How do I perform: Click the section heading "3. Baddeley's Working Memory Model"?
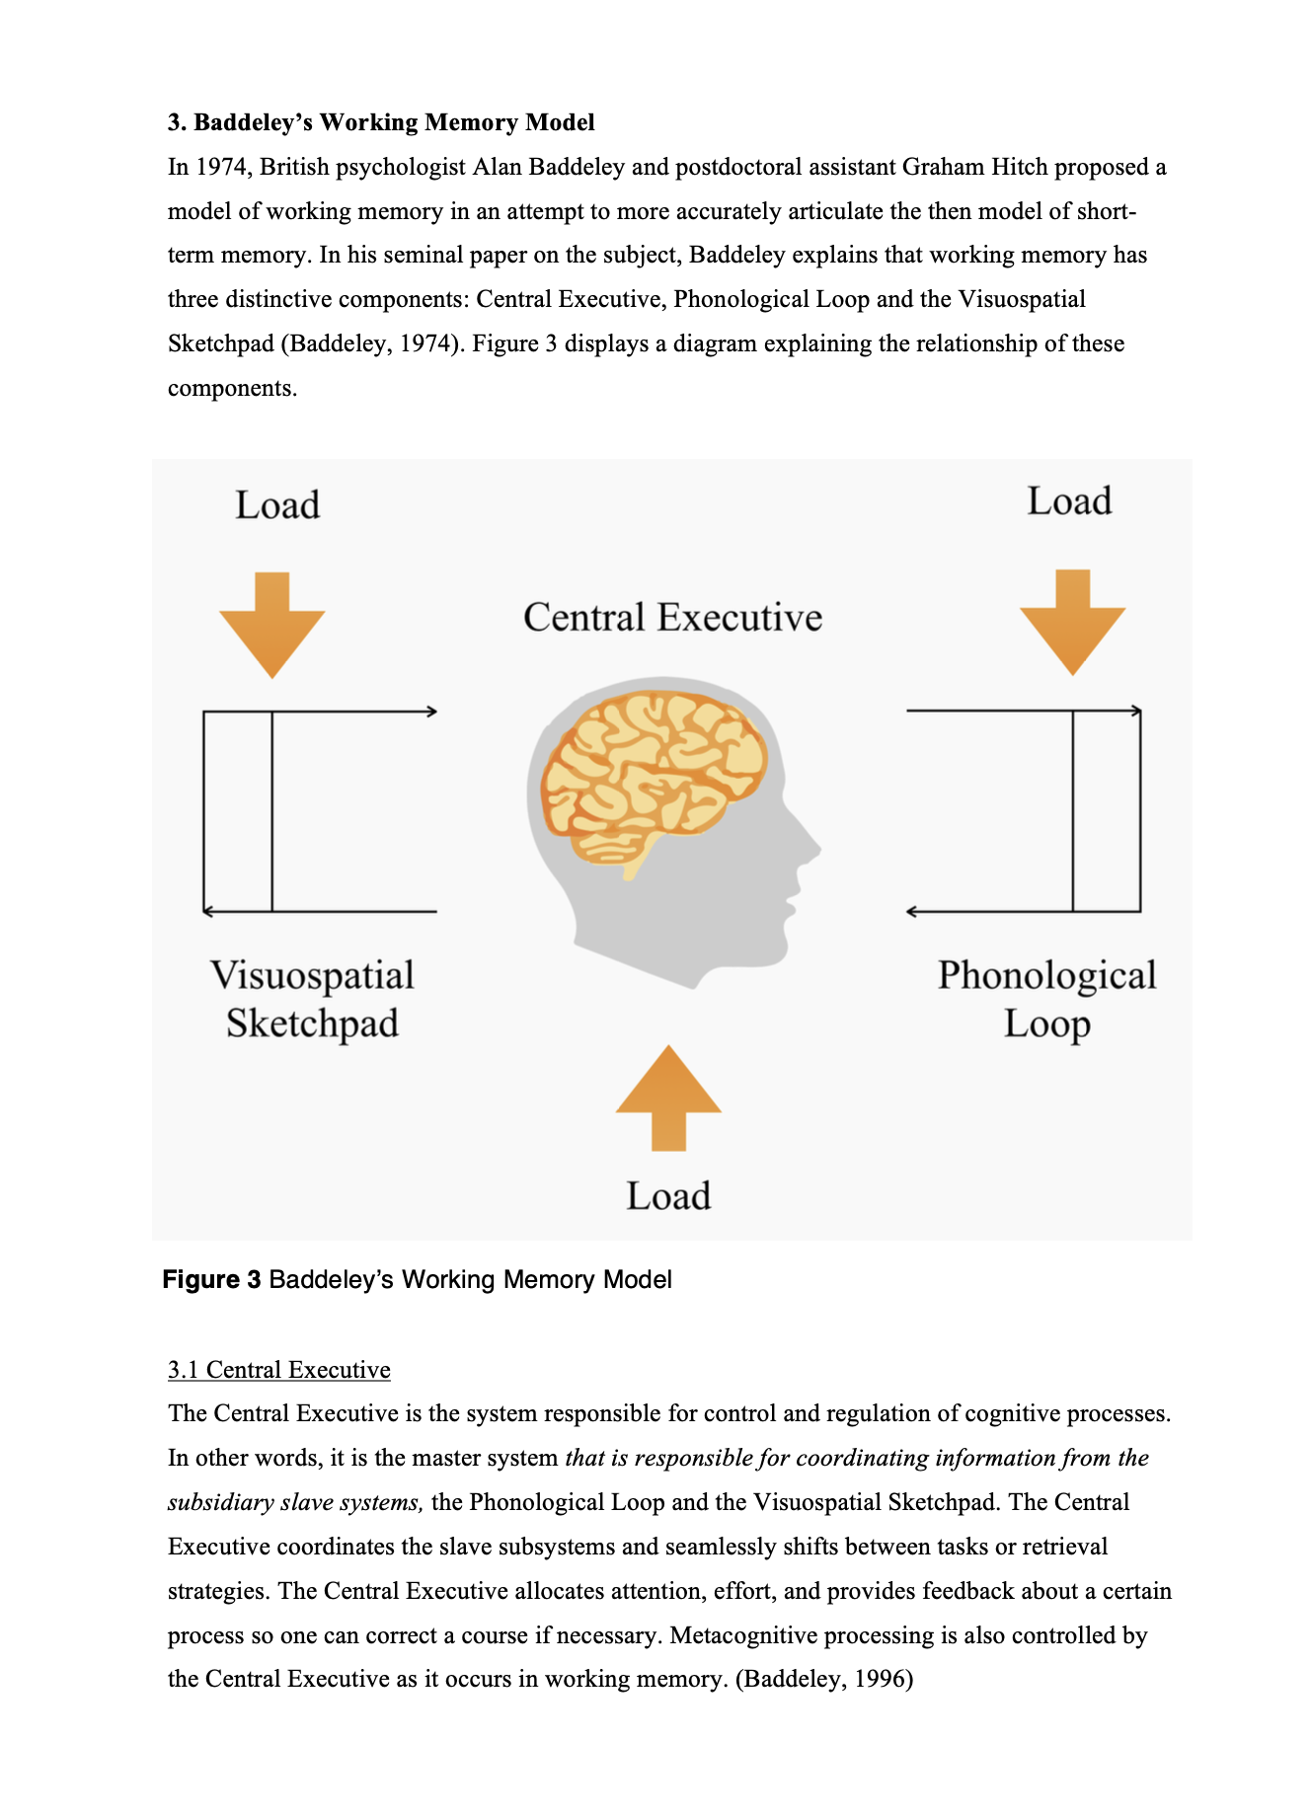381,122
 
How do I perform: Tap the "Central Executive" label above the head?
672,618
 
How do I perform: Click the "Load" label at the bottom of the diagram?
668,1196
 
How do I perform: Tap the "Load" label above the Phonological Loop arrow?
1069,501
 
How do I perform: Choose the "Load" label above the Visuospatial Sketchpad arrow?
277,505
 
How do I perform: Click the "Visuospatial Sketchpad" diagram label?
312,999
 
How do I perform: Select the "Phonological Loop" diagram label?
1046,999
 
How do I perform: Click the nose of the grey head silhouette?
811,849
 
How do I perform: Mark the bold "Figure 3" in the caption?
211,1280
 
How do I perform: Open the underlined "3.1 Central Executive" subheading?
279,1370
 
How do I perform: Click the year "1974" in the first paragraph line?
221,167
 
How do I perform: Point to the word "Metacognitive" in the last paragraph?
743,1635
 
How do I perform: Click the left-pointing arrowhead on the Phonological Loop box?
911,912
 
